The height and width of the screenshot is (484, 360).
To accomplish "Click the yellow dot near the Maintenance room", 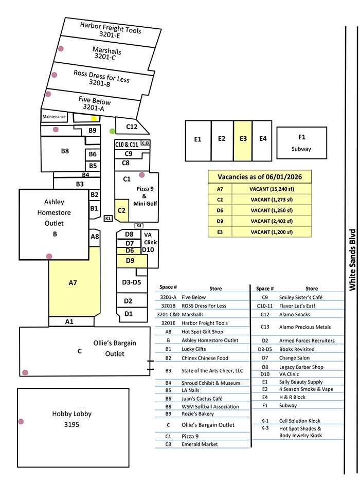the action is point(94,118).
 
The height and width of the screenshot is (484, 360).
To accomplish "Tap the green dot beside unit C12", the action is point(113,131).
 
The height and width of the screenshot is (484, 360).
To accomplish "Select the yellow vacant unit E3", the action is point(243,141).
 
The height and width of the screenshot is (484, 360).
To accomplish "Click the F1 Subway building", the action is point(302,143).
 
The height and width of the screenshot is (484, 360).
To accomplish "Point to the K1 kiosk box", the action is point(108,218).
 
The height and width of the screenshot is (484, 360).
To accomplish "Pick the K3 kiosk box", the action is point(139,226).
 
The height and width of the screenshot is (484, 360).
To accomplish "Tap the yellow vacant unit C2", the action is point(122,210).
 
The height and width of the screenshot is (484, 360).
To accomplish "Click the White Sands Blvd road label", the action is point(352,260).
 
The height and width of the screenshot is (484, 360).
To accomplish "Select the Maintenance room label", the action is point(54,117).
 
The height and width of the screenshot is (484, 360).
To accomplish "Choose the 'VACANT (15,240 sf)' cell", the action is point(272,189).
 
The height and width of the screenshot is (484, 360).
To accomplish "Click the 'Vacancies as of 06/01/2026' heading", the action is point(260,177).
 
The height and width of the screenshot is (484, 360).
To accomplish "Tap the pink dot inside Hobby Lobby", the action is point(21,422).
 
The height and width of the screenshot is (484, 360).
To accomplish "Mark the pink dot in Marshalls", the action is point(61,48).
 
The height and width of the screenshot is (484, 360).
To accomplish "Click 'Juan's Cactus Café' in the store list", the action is point(202,399).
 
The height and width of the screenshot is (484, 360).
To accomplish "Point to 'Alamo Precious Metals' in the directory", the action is point(305,327).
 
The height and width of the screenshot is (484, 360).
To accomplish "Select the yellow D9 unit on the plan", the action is point(132,261).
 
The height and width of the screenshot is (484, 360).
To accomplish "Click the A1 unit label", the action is point(69,321).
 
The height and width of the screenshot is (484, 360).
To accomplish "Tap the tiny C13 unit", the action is point(146,142).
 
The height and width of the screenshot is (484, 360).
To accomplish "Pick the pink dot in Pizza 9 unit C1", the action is point(142,175).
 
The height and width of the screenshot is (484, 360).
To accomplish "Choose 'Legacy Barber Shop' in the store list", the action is point(301,367).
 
